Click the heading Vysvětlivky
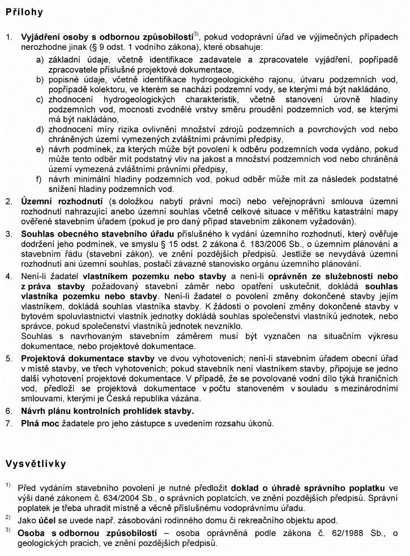point(36,464)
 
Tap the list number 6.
point(8,411)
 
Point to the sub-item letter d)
point(40,129)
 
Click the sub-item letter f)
point(40,179)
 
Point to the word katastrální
point(341,211)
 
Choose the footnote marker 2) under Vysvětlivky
point(8,518)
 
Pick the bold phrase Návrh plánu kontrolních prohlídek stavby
point(107,411)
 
